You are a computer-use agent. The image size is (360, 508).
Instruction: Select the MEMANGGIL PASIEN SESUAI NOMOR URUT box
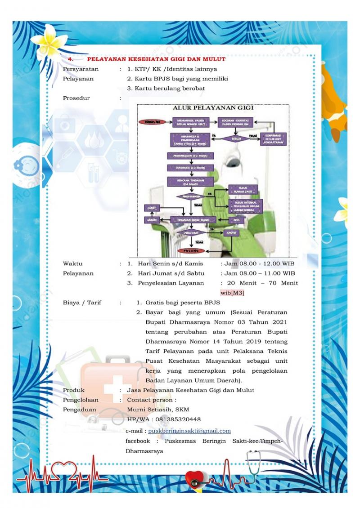pyautogui.click(x=191, y=122)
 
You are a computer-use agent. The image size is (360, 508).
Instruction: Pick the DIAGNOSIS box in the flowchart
pyautogui.click(x=190, y=168)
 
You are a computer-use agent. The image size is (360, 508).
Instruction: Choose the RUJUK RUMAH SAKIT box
pyautogui.click(x=243, y=190)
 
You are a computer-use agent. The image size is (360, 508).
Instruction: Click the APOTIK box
pyautogui.click(x=231, y=233)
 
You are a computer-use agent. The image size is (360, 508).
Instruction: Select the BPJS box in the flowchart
pyautogui.click(x=236, y=220)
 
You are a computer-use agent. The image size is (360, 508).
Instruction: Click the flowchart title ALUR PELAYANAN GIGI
pyautogui.click(x=213, y=108)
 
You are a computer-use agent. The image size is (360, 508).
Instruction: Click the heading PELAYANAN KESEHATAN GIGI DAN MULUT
pyautogui.click(x=156, y=59)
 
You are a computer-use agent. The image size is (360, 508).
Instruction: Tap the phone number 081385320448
pyautogui.click(x=178, y=419)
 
